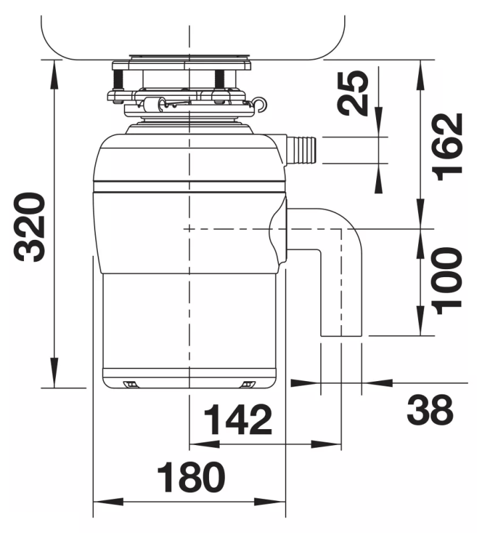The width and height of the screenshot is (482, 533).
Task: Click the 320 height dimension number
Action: [x=29, y=227]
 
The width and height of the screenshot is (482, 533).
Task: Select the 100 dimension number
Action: [x=447, y=280]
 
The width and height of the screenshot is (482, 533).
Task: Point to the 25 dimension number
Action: [x=354, y=93]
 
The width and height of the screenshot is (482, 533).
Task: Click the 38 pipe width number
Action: [x=429, y=410]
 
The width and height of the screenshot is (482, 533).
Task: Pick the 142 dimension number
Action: [x=238, y=420]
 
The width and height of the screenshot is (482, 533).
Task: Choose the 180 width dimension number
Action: [x=191, y=477]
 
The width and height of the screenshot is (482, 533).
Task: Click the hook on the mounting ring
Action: [x=260, y=104]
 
